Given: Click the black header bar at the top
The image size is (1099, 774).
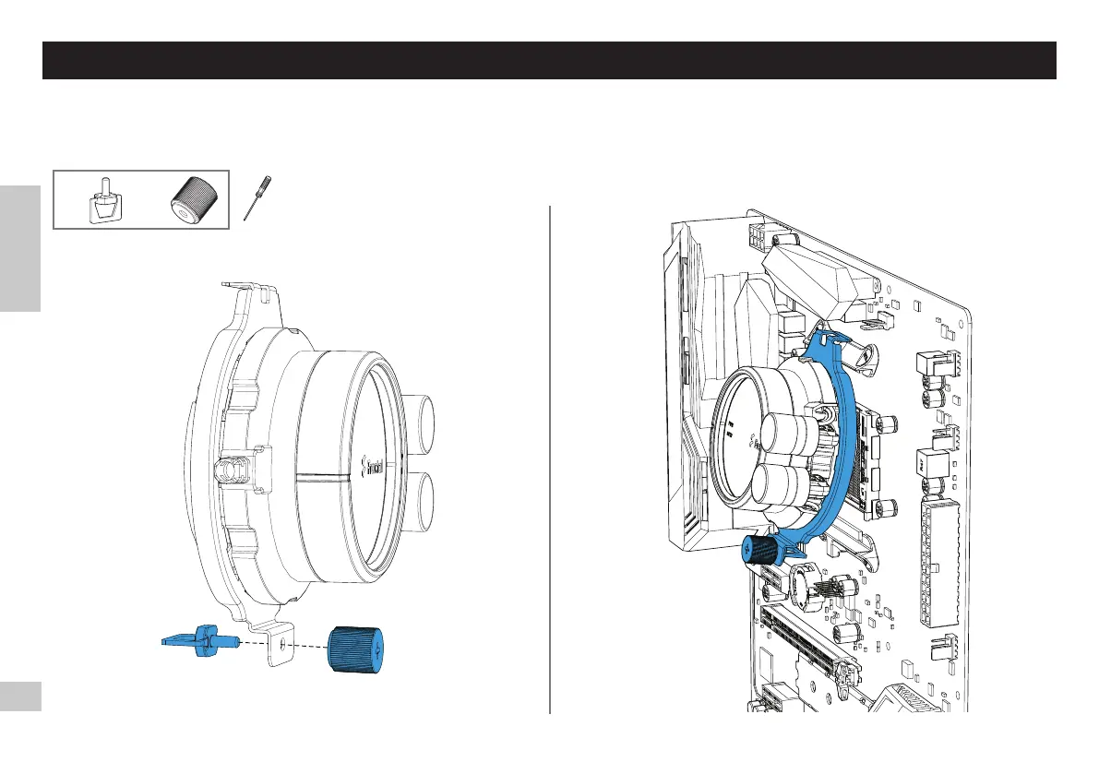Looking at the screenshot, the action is pos(549,60).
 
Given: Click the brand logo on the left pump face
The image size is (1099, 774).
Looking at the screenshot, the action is pos(374,458).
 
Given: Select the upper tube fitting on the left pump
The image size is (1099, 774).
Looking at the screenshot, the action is pos(421,420).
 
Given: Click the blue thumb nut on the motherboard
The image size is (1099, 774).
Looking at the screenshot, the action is pos(758,551).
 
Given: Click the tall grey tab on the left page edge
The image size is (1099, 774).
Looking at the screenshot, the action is pos(20,248).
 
